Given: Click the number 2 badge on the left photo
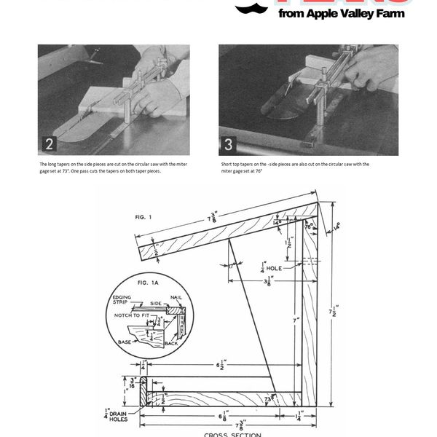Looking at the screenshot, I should pyautogui.click(x=49, y=143).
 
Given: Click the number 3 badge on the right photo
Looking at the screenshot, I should pyautogui.click(x=229, y=143).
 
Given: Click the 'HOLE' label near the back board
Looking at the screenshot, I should pyautogui.click(x=277, y=267).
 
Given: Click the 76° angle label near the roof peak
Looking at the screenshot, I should pyautogui.click(x=309, y=227).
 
